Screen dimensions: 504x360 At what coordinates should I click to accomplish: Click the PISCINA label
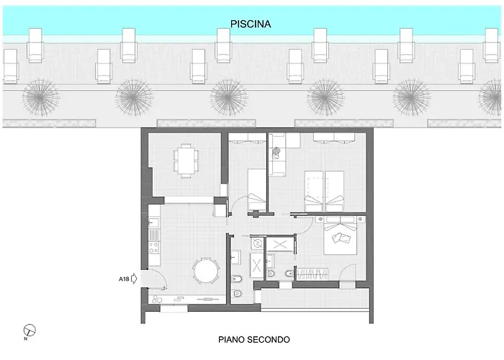pos(251,24)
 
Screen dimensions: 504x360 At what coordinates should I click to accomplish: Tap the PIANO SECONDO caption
pos(254,339)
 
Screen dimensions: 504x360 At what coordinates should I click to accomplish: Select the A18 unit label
pos(124,279)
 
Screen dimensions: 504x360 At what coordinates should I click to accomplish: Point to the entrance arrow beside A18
pos(134,279)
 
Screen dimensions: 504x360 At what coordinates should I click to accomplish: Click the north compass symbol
pos(30,330)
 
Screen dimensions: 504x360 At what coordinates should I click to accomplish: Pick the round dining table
pos(206,270)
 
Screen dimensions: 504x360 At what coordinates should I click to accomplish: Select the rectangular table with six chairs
pos(186,161)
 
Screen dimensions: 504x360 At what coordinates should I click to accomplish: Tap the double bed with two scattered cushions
pos(341,235)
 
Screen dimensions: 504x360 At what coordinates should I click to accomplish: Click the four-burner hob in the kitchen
pos(154,248)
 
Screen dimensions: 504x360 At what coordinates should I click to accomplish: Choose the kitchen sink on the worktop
pos(154,222)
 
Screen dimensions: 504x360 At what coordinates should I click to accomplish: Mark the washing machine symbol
pos(257,243)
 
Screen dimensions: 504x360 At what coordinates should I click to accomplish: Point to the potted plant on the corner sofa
pos(276,153)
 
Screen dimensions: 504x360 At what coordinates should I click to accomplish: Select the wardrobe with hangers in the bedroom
pos(312,274)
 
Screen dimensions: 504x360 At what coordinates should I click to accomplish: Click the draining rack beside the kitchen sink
pos(154,235)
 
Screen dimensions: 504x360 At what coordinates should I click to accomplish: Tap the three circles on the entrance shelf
pos(157,300)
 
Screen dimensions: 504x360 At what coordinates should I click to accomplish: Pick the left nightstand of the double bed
pos(320,219)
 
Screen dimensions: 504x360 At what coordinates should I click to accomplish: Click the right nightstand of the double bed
pos(361,219)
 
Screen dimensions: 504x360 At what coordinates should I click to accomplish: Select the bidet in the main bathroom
pos(237,278)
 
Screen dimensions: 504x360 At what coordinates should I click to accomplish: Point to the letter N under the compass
pos(25,339)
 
